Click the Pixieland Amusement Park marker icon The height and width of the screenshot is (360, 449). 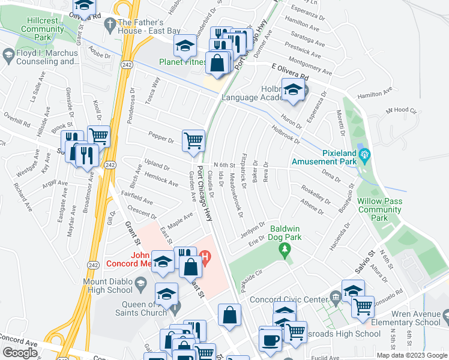[364, 157]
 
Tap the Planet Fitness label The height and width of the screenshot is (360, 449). [183, 61]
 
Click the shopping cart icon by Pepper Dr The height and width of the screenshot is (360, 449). [193, 141]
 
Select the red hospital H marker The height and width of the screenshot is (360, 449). [206, 260]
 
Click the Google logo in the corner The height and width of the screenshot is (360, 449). [20, 353]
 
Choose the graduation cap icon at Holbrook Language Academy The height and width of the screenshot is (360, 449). [292, 91]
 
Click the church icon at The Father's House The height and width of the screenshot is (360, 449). [108, 25]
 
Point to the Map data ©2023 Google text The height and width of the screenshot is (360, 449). [411, 355]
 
